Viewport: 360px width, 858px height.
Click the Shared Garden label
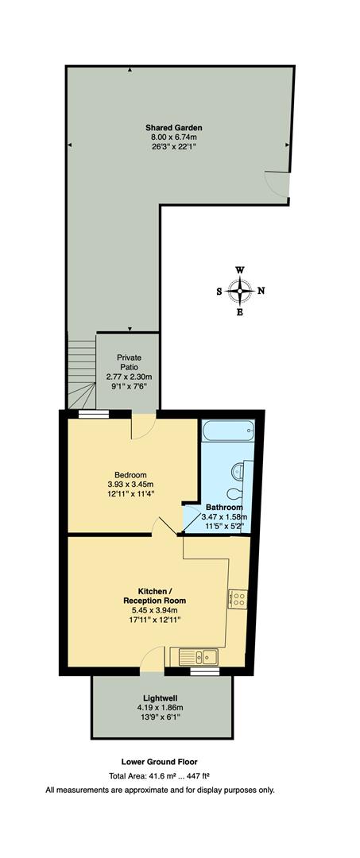click(x=174, y=126)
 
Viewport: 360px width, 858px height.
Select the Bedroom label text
click(x=130, y=475)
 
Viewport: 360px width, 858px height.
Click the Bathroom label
click(x=223, y=507)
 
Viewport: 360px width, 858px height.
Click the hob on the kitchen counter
click(x=238, y=598)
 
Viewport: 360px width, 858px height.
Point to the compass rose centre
click(x=240, y=291)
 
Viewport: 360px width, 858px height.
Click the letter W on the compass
click(x=240, y=270)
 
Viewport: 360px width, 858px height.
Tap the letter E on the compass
click(x=240, y=312)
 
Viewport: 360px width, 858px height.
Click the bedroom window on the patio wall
click(x=94, y=413)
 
